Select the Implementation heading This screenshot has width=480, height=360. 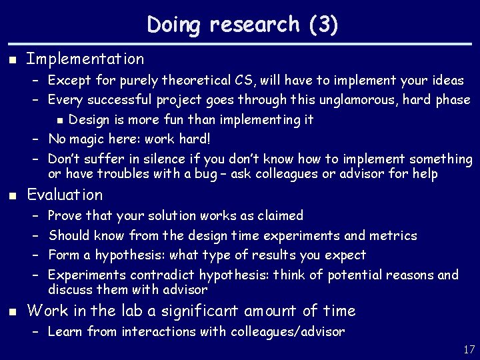point(85,59)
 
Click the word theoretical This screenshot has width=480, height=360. point(192,81)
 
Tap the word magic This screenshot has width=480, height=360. point(87,139)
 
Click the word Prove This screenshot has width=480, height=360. point(65,216)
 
